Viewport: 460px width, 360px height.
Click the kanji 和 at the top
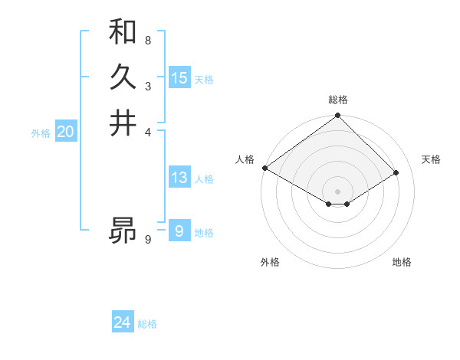click(123, 32)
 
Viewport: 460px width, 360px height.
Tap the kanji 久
click(123, 77)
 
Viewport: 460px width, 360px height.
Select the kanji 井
click(123, 123)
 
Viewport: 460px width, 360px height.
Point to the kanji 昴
click(123, 229)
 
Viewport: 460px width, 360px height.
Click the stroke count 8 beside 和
click(147, 40)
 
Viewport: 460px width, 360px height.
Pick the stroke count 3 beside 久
click(147, 86)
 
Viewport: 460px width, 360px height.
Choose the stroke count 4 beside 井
click(147, 131)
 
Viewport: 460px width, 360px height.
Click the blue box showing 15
click(179, 78)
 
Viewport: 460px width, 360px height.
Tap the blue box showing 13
click(179, 178)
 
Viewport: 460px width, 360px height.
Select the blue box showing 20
click(65, 132)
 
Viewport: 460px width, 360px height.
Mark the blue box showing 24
click(123, 322)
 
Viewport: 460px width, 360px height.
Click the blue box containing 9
click(179, 231)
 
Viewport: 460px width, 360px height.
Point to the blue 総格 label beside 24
click(147, 324)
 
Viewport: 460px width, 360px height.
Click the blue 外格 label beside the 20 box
click(41, 133)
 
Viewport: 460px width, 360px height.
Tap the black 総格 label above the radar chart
click(337, 100)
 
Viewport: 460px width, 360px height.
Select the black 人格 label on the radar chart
click(245, 159)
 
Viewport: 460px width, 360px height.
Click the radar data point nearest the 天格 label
click(396, 172)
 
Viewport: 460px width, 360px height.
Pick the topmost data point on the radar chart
click(337, 116)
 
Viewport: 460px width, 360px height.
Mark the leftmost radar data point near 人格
click(264, 168)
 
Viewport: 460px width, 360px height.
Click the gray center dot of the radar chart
click(337, 191)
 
